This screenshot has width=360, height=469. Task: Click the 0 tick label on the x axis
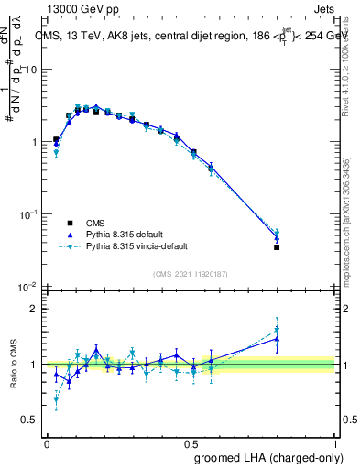47,443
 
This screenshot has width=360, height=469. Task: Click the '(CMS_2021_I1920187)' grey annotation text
191,273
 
